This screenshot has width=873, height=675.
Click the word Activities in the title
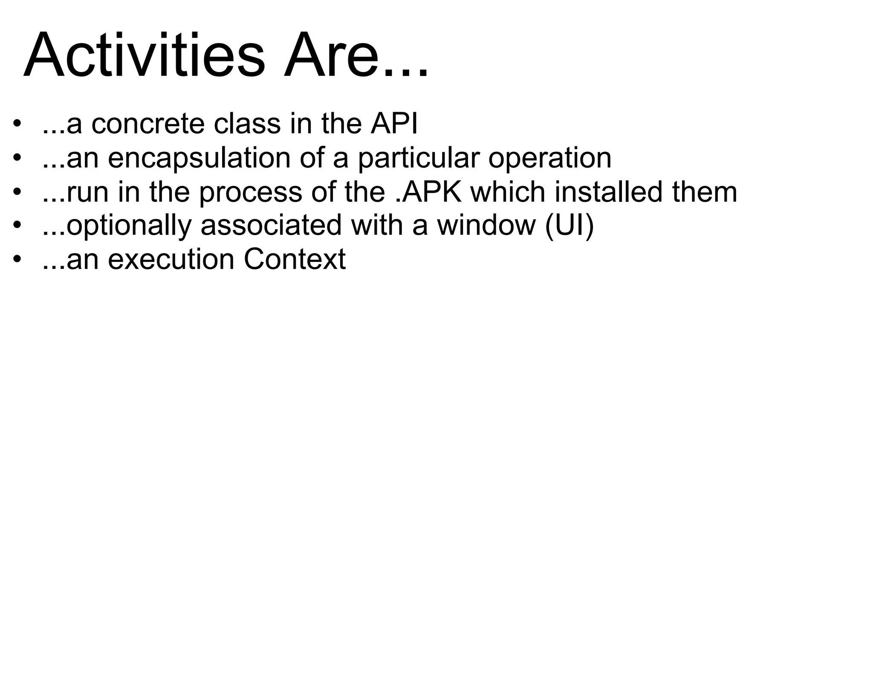pos(144,55)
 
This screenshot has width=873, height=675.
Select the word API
pos(394,124)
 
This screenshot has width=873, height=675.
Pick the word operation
pos(549,159)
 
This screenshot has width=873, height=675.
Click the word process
pos(251,193)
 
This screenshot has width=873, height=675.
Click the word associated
pos(271,225)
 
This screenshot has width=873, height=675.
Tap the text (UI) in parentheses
pos(569,225)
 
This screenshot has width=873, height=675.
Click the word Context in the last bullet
pos(295,259)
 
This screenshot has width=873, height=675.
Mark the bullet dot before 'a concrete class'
pos(17,125)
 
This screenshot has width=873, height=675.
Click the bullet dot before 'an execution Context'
pos(17,260)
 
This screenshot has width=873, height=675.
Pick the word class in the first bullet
pos(247,124)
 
